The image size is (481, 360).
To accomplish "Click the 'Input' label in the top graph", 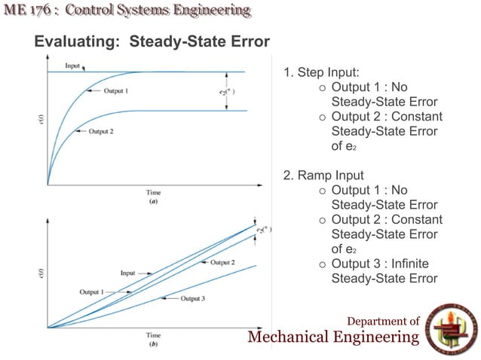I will coord(72,66).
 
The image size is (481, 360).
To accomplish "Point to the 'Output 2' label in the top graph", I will coord(101,131).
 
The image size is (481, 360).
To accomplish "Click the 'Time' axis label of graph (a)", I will coord(153,193).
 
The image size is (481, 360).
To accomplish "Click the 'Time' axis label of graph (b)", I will coord(153,335).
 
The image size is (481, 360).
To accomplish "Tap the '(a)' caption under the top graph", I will coord(153,201).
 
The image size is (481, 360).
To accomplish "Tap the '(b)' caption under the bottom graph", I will coord(153,343).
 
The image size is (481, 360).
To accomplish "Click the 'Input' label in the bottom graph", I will coord(129,273).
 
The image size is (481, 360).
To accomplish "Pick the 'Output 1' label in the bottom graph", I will coord(93,291).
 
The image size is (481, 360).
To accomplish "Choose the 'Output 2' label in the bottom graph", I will coord(223,262).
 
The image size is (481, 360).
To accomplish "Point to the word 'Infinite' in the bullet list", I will coord(414,264).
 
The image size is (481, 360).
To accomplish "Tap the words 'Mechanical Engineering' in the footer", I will coord(333,337).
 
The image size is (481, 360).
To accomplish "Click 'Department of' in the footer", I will coord(383,322).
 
